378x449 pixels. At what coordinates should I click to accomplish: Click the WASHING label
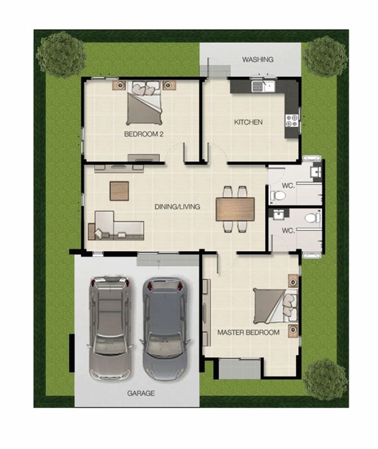point(258,59)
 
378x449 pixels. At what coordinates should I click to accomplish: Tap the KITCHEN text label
point(248,122)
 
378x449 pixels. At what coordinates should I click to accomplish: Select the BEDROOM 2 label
point(144,134)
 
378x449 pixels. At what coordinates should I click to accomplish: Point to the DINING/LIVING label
point(177,207)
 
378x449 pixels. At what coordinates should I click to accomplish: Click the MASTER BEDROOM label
point(248,332)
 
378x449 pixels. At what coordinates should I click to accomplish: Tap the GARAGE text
point(141,393)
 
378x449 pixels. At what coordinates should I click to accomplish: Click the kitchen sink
point(263,86)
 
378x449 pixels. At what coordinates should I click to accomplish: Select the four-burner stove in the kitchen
point(292,120)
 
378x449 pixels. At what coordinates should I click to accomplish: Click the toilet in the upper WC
point(277,196)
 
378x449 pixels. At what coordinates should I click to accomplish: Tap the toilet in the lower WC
point(312,218)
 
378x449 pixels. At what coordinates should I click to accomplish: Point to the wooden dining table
point(235,209)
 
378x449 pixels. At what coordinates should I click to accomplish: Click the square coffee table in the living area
point(119,191)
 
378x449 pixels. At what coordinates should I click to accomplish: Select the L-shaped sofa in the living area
point(116,226)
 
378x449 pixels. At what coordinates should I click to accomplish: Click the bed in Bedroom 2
point(144,103)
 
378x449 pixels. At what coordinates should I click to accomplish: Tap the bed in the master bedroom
point(275,307)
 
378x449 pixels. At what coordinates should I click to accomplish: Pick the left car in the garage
point(110,328)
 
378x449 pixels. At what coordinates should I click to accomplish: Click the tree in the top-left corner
point(61,54)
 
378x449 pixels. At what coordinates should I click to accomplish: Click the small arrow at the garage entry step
point(158,265)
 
